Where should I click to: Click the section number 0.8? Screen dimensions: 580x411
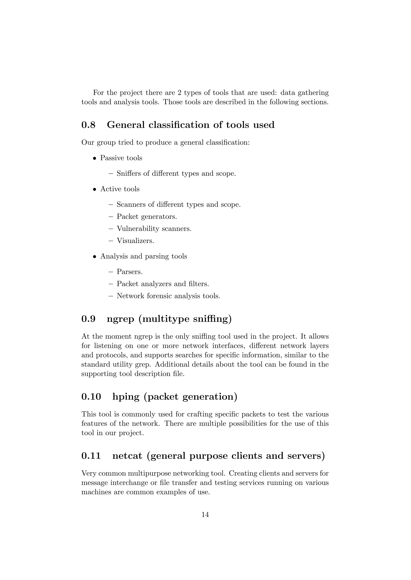coord(88,125)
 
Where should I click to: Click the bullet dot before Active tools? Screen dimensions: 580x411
coord(95,189)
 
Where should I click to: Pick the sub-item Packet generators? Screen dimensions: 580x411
coord(146,216)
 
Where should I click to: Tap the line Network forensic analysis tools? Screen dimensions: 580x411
coord(168,296)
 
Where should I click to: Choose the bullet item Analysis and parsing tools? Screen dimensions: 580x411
coord(143,256)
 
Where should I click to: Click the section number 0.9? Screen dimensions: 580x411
coord(88,319)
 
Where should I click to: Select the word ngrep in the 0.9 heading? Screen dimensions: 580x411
coord(120,319)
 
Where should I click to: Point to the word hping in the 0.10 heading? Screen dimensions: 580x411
coord(126,397)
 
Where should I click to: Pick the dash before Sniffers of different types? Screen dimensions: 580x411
coord(111,174)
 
